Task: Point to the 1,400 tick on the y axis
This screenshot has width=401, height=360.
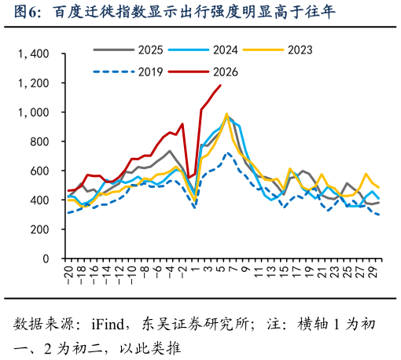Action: point(33,54)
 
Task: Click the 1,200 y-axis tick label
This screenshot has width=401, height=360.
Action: point(33,83)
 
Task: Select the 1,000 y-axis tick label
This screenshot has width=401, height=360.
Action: point(33,112)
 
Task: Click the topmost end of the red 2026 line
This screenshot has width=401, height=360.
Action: point(220,85)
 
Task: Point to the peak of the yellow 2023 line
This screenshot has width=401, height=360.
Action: point(226,114)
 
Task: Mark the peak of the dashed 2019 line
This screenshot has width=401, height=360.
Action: point(227,152)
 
